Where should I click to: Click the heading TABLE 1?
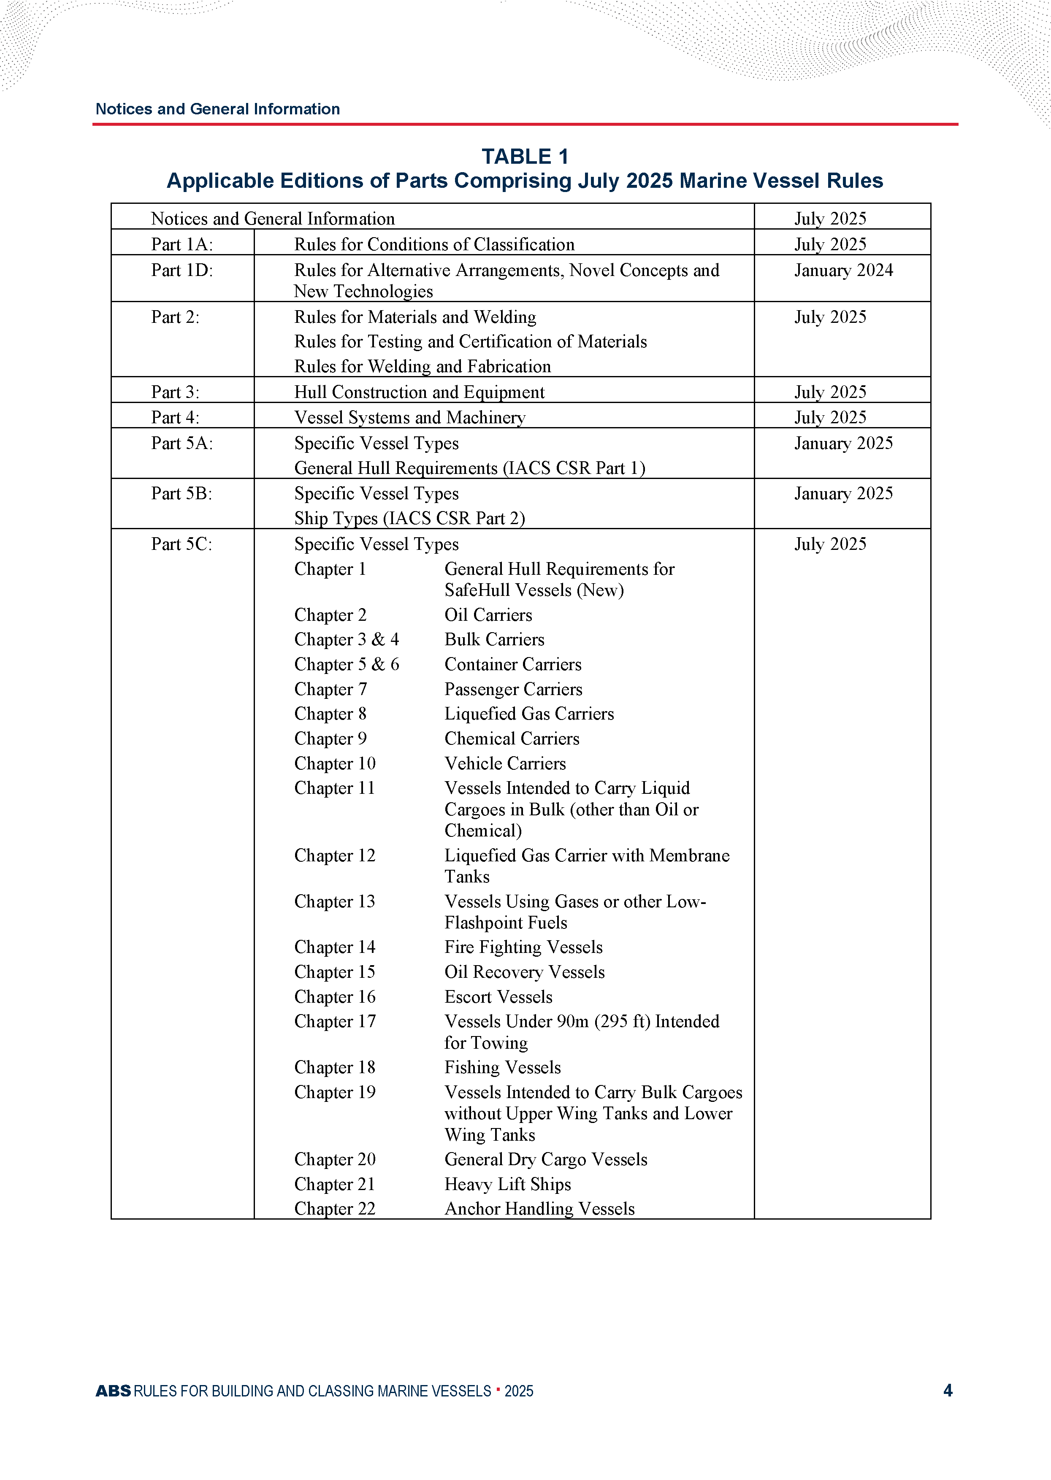(x=525, y=157)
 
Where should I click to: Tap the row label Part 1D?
(x=182, y=271)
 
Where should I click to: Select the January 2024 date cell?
(x=843, y=271)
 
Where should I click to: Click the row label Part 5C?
(x=181, y=544)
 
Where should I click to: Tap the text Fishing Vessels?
(x=502, y=1067)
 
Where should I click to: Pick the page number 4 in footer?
(x=948, y=1391)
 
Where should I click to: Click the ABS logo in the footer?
(x=113, y=1391)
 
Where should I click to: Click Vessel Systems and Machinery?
(x=410, y=417)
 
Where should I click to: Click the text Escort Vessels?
(x=498, y=997)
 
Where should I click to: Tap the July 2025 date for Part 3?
(x=830, y=392)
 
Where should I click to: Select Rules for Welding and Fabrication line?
(x=423, y=366)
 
